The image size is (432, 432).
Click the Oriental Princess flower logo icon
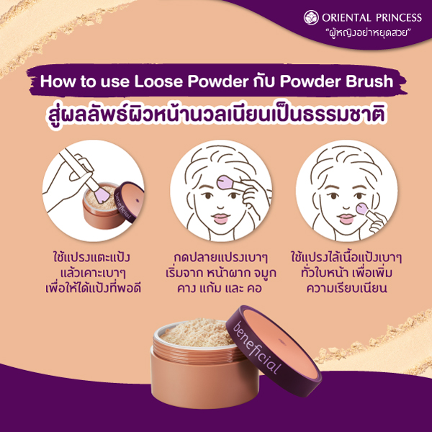pos(311,17)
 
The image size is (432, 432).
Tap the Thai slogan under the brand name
pos(368,33)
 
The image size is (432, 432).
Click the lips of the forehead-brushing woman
pos(221,218)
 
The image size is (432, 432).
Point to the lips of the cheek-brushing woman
pos(346,219)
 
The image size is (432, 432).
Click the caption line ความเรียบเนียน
pos(346,288)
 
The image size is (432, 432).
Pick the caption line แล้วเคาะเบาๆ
pos(93,273)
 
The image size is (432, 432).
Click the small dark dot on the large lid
pos(281,341)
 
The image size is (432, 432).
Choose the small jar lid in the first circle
pos(129,201)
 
